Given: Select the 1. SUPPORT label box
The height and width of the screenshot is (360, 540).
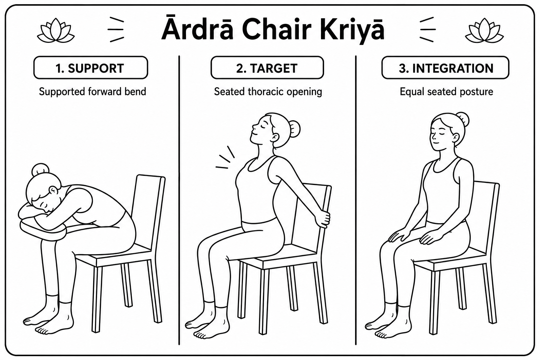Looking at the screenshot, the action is click(91, 68).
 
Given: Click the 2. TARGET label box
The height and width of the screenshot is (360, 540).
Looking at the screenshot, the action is click(267, 68).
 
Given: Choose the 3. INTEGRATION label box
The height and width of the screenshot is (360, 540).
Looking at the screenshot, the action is click(445, 68).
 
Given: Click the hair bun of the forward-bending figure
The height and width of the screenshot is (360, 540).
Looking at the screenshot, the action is click(40, 169).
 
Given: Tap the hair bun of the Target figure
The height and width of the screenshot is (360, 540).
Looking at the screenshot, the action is click(294, 129).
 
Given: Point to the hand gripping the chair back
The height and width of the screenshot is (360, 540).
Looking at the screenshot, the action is click(322, 219).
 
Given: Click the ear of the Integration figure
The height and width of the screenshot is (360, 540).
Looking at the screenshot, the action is click(455, 139).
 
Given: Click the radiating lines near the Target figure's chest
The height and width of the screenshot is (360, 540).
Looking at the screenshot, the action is click(225, 157).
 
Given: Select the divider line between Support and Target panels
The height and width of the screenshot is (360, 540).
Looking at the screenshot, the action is click(179, 200).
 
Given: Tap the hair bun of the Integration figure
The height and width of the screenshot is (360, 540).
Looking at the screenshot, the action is click(463, 119).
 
